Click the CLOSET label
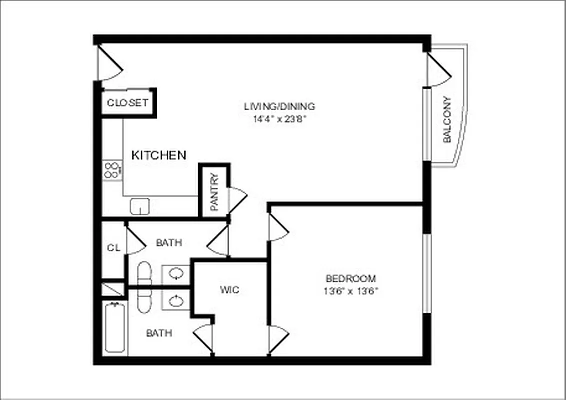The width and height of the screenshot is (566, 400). [128, 103]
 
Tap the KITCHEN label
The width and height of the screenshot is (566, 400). [158, 155]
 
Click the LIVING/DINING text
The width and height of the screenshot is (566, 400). [279, 106]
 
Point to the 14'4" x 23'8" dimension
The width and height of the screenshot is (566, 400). [279, 119]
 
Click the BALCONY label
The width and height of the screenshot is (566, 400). [447, 120]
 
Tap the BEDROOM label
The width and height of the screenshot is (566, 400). [350, 279]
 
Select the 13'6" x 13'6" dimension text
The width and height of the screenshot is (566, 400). [350, 291]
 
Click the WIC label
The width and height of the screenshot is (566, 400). [229, 290]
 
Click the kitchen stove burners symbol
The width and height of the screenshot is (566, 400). [112, 170]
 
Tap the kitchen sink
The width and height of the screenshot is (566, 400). [140, 206]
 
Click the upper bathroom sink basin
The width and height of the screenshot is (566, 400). [176, 273]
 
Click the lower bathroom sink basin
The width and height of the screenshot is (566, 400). [176, 300]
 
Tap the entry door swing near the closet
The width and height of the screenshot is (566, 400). [110, 62]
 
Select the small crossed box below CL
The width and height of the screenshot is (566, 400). [113, 289]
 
